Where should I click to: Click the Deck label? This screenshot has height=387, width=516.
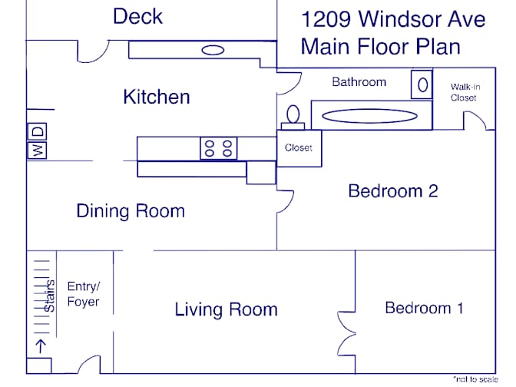[x=137, y=16]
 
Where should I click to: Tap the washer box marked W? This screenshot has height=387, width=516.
[x=37, y=150]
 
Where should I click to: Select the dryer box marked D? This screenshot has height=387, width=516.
[x=37, y=131]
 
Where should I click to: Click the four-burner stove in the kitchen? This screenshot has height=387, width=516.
[x=219, y=148]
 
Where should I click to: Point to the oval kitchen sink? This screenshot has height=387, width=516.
[x=213, y=50]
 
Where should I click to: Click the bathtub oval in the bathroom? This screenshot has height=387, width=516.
[x=369, y=116]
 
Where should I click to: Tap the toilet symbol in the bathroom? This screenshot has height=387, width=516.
[x=293, y=117]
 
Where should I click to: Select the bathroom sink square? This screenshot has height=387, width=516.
[x=422, y=84]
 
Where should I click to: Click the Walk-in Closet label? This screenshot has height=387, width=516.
[x=465, y=92]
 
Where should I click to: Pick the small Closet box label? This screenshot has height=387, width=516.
[x=299, y=147]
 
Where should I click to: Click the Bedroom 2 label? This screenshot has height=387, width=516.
[x=393, y=191]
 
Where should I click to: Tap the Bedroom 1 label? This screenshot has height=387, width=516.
[x=424, y=308]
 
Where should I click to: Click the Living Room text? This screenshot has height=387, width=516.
[x=226, y=309]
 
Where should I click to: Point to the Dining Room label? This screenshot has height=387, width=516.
[x=131, y=211]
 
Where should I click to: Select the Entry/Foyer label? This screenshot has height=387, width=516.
[x=83, y=294]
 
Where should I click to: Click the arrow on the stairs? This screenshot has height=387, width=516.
[x=41, y=346]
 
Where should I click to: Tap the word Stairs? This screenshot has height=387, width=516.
[x=49, y=296]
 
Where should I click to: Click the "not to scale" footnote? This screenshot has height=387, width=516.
[x=475, y=379]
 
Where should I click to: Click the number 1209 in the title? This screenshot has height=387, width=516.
[x=326, y=19]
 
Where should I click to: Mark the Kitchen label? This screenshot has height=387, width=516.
[x=157, y=97]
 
